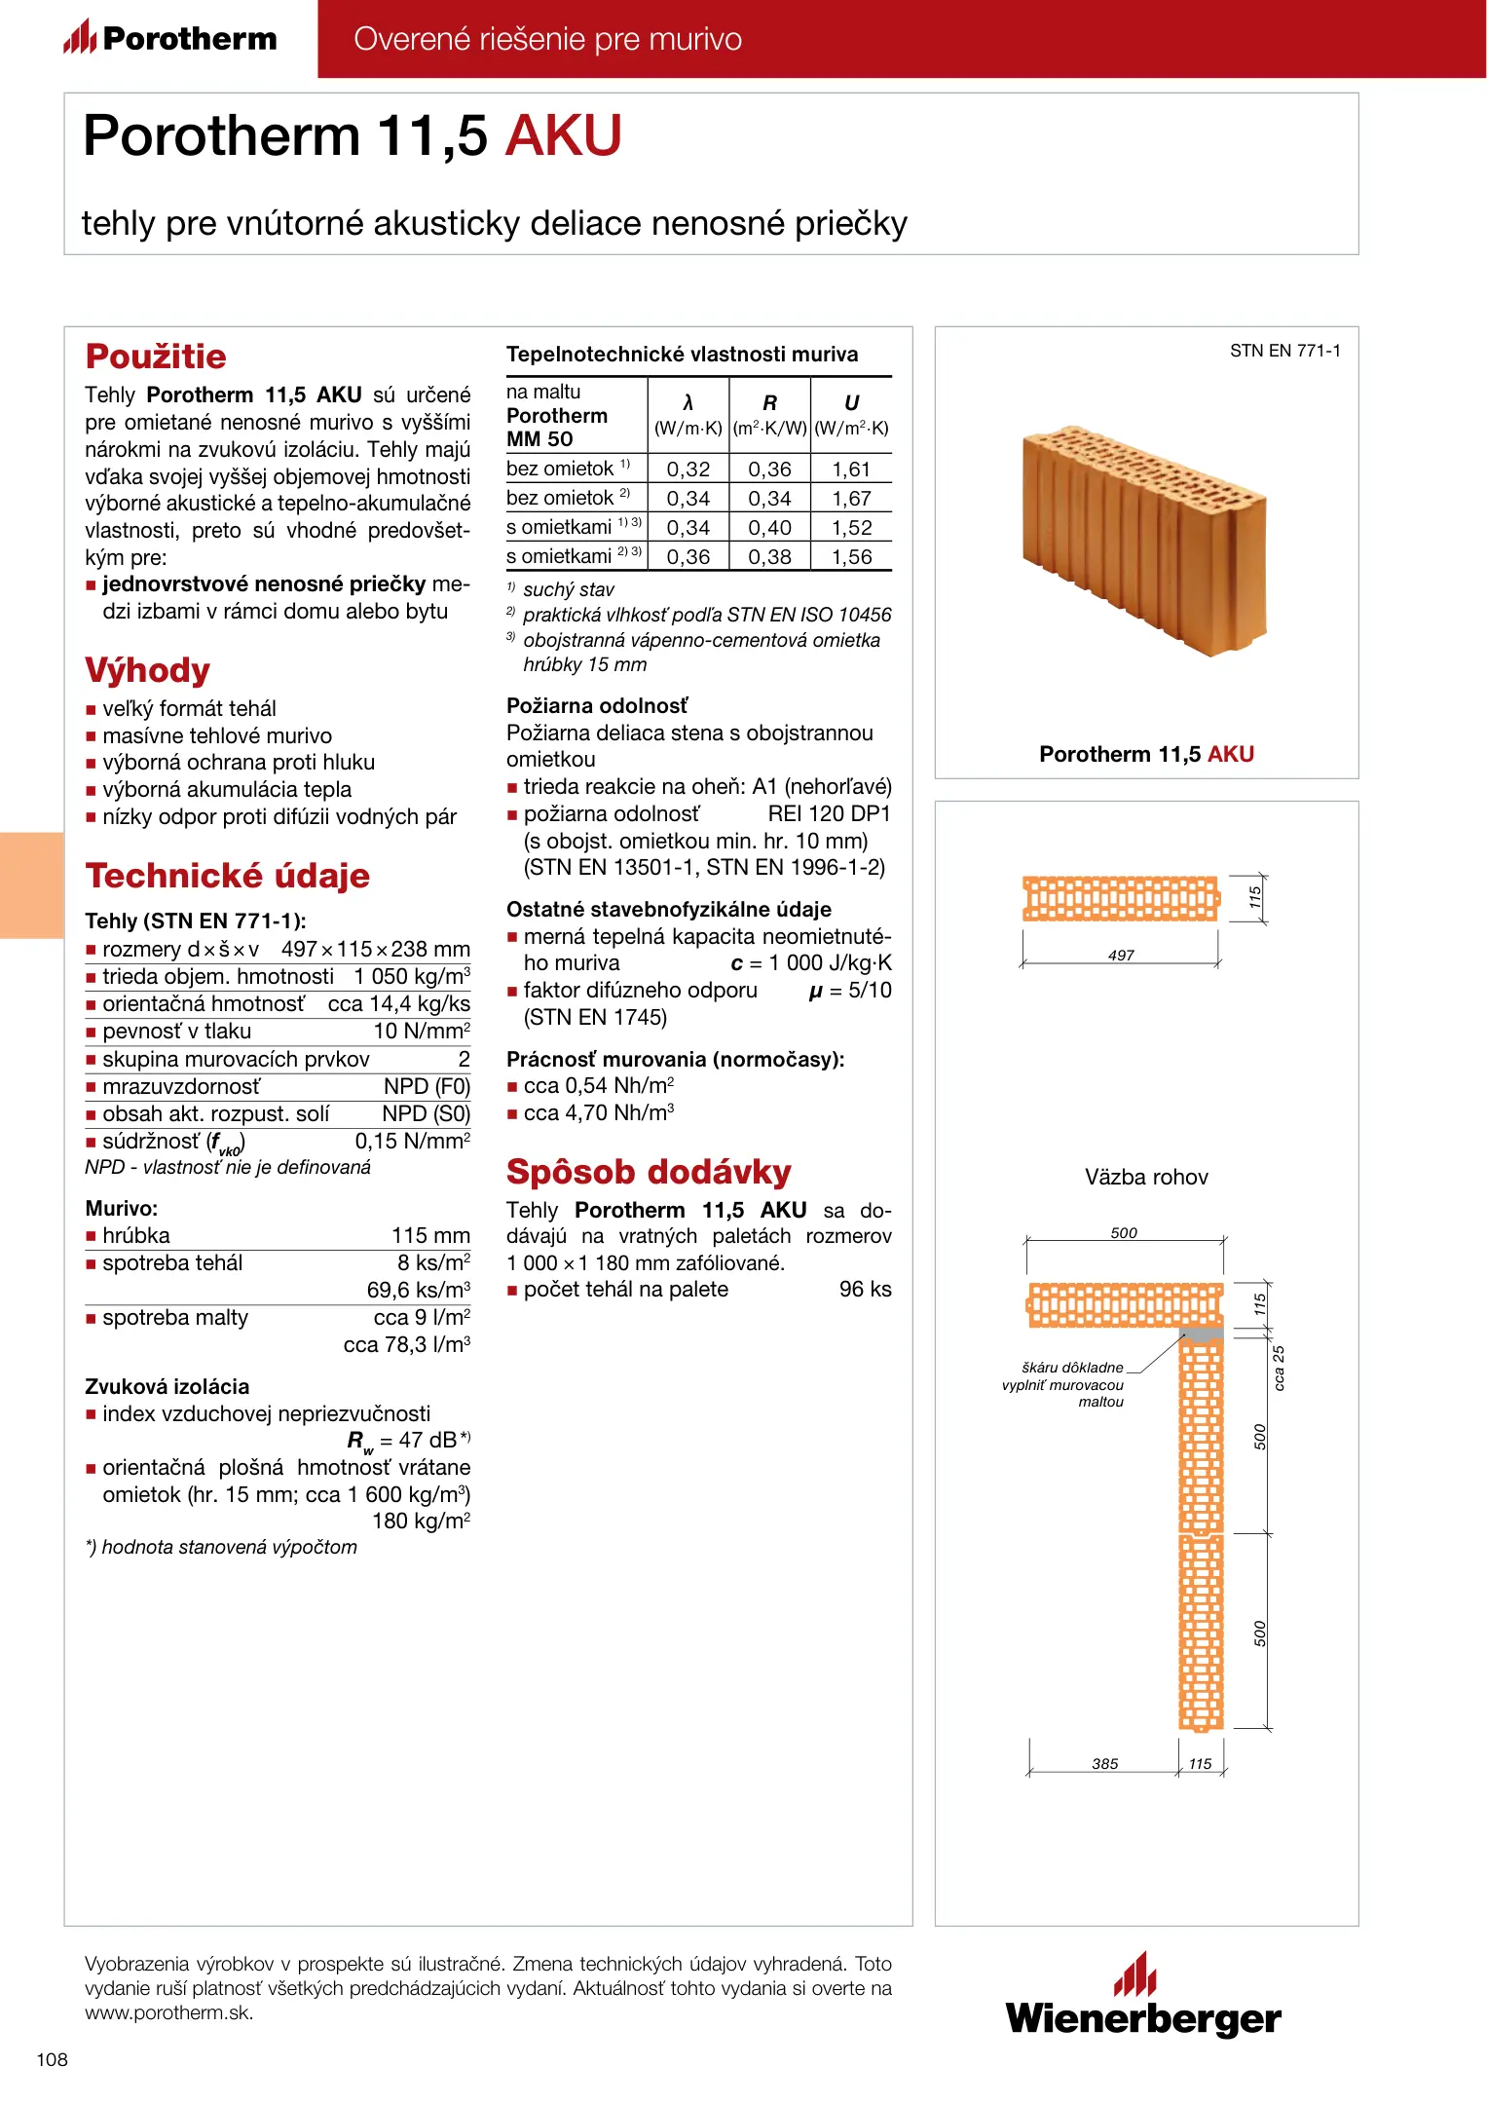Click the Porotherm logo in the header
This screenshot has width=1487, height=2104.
point(170,38)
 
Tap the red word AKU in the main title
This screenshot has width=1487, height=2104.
point(564,135)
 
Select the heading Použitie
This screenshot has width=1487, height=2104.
point(156,357)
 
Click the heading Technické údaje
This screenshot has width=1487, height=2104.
point(227,876)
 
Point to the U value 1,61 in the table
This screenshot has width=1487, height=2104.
point(851,470)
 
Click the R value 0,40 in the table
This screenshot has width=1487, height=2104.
point(769,528)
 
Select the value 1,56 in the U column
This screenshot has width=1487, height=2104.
point(851,557)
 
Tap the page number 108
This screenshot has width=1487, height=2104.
point(53,2059)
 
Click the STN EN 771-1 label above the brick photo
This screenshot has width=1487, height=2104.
point(1284,351)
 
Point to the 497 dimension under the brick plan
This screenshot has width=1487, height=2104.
point(1121,956)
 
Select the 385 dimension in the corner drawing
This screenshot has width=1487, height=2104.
point(1104,1764)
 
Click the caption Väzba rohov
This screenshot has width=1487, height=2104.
point(1146,1177)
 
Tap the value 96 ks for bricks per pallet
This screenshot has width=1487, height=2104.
point(865,1290)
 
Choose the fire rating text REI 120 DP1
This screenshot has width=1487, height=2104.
point(829,814)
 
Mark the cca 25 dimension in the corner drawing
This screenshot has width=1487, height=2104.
point(1280,1369)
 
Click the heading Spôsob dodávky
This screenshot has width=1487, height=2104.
point(649,1172)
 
